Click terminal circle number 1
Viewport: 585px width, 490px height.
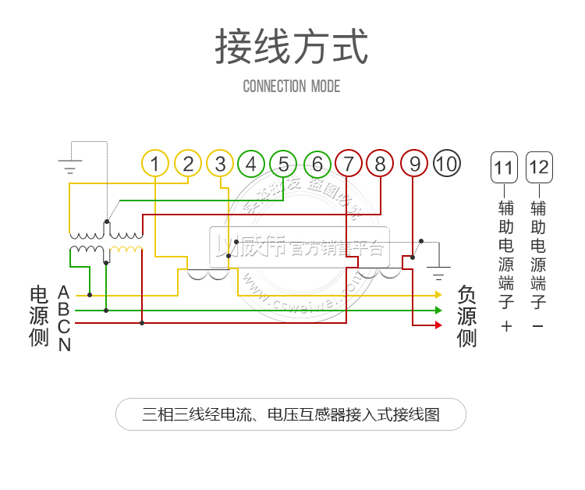pyautogui.click(x=155, y=163)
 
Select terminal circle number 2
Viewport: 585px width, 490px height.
pyautogui.click(x=188, y=163)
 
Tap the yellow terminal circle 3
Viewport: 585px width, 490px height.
pyautogui.click(x=221, y=163)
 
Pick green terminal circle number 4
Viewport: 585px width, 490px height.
pyautogui.click(x=251, y=163)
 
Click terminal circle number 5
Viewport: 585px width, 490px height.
pyautogui.click(x=283, y=163)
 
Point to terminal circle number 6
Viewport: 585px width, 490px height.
pyautogui.click(x=317, y=163)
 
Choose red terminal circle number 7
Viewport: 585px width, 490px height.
pyautogui.click(x=348, y=163)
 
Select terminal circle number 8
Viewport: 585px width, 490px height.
pyautogui.click(x=380, y=163)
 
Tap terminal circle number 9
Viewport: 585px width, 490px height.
pyautogui.click(x=414, y=163)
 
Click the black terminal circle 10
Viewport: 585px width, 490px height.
pyautogui.click(x=446, y=163)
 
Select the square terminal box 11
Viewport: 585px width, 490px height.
pyautogui.click(x=504, y=166)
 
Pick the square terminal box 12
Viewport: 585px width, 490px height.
pyautogui.click(x=538, y=166)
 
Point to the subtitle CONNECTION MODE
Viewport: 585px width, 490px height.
pyautogui.click(x=292, y=86)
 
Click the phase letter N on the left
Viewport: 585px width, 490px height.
pyautogui.click(x=64, y=344)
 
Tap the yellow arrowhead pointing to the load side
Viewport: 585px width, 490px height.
pyautogui.click(x=438, y=295)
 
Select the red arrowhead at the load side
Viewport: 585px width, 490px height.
pyautogui.click(x=438, y=325)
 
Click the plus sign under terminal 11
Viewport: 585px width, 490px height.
pyautogui.click(x=506, y=326)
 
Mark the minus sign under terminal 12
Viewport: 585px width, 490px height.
pyautogui.click(x=537, y=326)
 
